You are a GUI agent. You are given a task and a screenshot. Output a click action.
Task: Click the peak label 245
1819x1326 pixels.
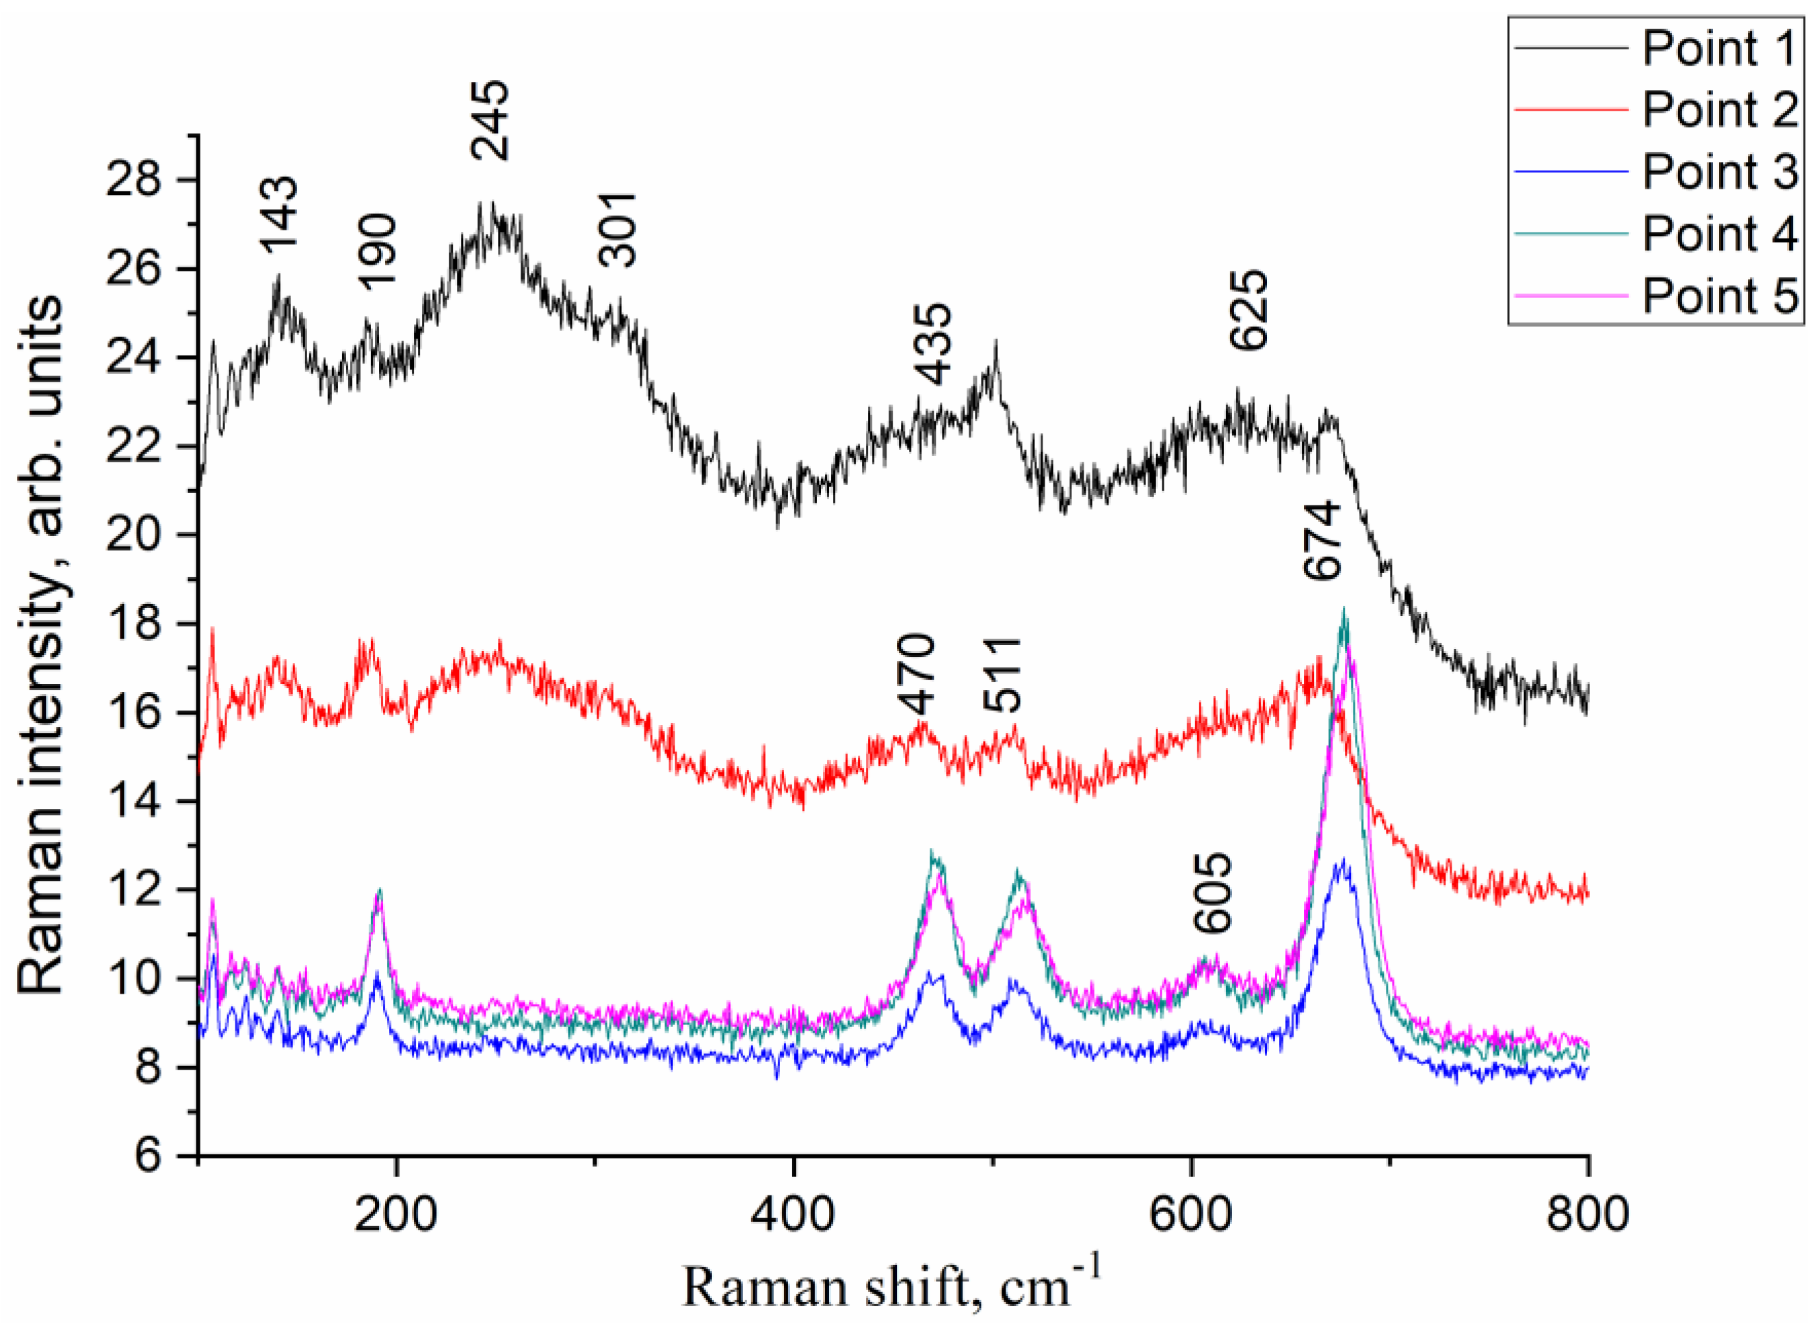(x=490, y=120)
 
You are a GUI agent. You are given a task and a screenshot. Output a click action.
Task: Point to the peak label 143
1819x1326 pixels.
(x=279, y=215)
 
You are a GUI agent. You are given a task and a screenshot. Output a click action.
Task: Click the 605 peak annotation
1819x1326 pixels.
(x=1212, y=892)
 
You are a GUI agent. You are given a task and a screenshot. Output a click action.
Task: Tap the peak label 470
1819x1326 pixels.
(x=917, y=674)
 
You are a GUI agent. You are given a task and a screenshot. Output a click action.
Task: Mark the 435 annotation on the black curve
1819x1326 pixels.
(x=934, y=345)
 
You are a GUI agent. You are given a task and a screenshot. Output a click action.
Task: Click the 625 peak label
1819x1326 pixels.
(x=1250, y=309)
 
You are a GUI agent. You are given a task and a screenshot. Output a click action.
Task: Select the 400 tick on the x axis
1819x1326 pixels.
(x=793, y=1215)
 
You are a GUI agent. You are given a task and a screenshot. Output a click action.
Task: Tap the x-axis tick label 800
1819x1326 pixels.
(x=1587, y=1215)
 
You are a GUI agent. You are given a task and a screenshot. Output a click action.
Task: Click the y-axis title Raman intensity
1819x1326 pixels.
(x=40, y=646)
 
